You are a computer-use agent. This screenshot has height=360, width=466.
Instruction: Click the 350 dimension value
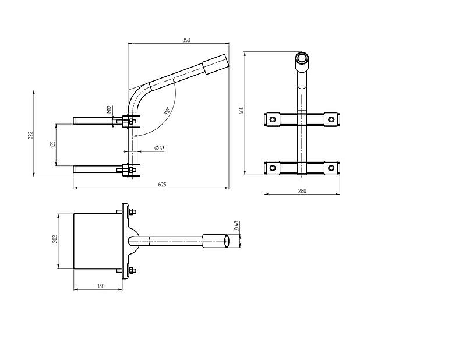[x=186, y=40]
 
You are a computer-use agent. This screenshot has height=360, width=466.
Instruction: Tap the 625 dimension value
[x=163, y=185]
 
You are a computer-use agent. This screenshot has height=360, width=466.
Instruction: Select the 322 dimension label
[x=30, y=135]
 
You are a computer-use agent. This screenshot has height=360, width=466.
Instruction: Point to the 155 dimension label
[x=53, y=144]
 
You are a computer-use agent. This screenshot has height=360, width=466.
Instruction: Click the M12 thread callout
[x=109, y=110]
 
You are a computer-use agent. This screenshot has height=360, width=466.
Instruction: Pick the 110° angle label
[x=167, y=111]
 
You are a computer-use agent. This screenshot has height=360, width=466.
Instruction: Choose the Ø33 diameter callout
[x=160, y=148]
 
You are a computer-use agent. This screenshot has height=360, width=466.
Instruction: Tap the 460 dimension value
[x=241, y=110]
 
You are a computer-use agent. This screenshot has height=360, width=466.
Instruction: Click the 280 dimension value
[x=302, y=191]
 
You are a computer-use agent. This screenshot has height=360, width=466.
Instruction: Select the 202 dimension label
[x=55, y=239]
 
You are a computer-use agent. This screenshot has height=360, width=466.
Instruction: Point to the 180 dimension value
[x=101, y=286]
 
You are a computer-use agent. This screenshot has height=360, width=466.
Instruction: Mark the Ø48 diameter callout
[x=236, y=226]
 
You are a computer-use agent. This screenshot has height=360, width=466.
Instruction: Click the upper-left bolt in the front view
[x=272, y=119]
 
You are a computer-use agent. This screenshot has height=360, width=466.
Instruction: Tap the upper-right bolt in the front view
[x=331, y=119]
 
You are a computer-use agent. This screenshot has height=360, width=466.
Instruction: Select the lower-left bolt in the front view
[x=272, y=168]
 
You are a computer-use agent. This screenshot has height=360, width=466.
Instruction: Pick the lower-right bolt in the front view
[x=331, y=168]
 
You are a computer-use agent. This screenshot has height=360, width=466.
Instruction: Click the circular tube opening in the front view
[x=302, y=57]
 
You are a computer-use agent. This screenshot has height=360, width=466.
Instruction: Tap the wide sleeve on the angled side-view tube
[x=216, y=64]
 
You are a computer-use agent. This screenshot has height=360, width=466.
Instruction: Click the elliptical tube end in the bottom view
[x=227, y=241]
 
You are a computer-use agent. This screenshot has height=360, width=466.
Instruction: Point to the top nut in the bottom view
[x=133, y=211]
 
